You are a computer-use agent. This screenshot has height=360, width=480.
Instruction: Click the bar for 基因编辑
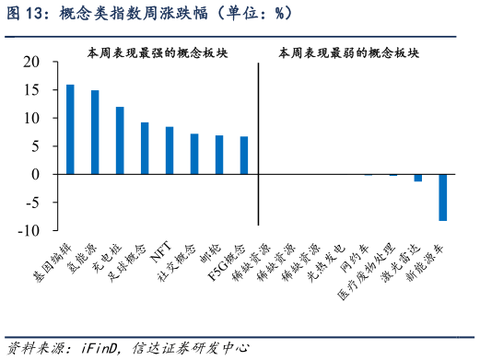70,129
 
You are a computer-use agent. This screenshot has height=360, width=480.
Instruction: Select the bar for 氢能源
95,132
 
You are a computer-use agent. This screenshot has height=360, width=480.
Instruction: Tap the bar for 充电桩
120,140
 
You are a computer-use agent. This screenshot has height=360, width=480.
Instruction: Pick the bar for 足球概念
145,148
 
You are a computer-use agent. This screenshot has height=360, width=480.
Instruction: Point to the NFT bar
170,150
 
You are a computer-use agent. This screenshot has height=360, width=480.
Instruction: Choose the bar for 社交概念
194,154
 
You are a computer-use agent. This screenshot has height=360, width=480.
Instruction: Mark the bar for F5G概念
244,156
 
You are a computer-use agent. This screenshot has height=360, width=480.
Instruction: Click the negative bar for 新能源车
443,197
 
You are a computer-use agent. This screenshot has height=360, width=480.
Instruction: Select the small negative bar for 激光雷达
418,178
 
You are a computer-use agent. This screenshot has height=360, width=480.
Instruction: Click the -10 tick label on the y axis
30,230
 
